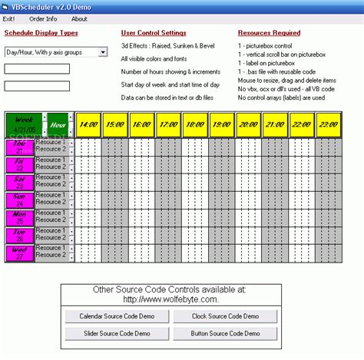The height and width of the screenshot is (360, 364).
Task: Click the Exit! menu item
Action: (8, 18)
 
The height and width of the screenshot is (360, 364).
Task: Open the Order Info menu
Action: (42, 18)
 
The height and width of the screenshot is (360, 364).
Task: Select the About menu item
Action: (79, 18)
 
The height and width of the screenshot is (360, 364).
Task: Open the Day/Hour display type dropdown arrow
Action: (102, 52)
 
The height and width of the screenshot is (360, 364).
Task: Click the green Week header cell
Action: (24, 124)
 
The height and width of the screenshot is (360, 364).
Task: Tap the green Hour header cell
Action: (58, 124)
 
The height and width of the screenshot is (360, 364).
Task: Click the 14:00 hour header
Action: (88, 124)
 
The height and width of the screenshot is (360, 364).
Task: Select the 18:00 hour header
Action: (195, 124)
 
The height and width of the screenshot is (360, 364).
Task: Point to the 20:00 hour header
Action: (248, 124)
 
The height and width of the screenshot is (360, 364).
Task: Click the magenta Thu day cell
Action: (20, 147)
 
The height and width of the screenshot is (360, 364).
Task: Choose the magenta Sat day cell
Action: (20, 182)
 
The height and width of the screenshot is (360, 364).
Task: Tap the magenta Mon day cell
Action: (20, 217)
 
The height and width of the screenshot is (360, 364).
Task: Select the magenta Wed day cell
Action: (20, 253)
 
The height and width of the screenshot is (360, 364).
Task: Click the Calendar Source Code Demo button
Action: (116, 316)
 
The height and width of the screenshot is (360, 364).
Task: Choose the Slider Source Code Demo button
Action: (116, 333)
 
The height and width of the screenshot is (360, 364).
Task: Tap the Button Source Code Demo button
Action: (224, 333)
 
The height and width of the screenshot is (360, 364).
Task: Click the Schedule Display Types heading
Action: (41, 33)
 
